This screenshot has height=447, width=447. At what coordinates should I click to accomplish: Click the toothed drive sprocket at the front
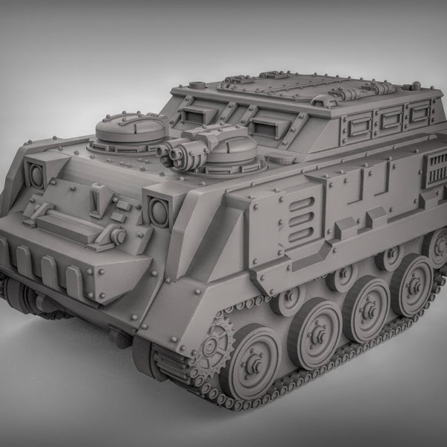pyautogui.click(x=213, y=344)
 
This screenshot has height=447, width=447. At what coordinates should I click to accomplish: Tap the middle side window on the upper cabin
pyautogui.click(x=390, y=118)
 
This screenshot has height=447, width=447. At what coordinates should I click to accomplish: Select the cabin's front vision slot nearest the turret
pyautogui.click(x=262, y=127)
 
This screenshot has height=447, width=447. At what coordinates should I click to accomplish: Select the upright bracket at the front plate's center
pyautogui.click(x=95, y=198)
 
